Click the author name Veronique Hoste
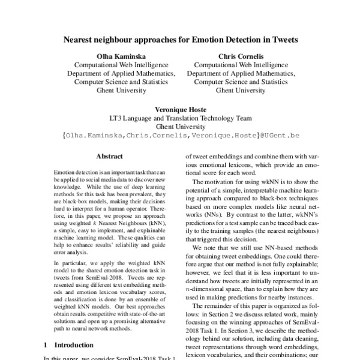pyautogui.click(x=181, y=110)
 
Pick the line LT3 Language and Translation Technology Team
pyautogui.click(x=181, y=119)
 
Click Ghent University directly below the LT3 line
pyautogui.click(x=181, y=127)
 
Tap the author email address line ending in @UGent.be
pyautogui.click(x=181, y=136)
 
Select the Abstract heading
pyautogui.click(x=110, y=156)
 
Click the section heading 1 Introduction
pyautogui.click(x=69, y=346)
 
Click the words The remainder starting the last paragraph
pyautogui.click(x=212, y=314)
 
